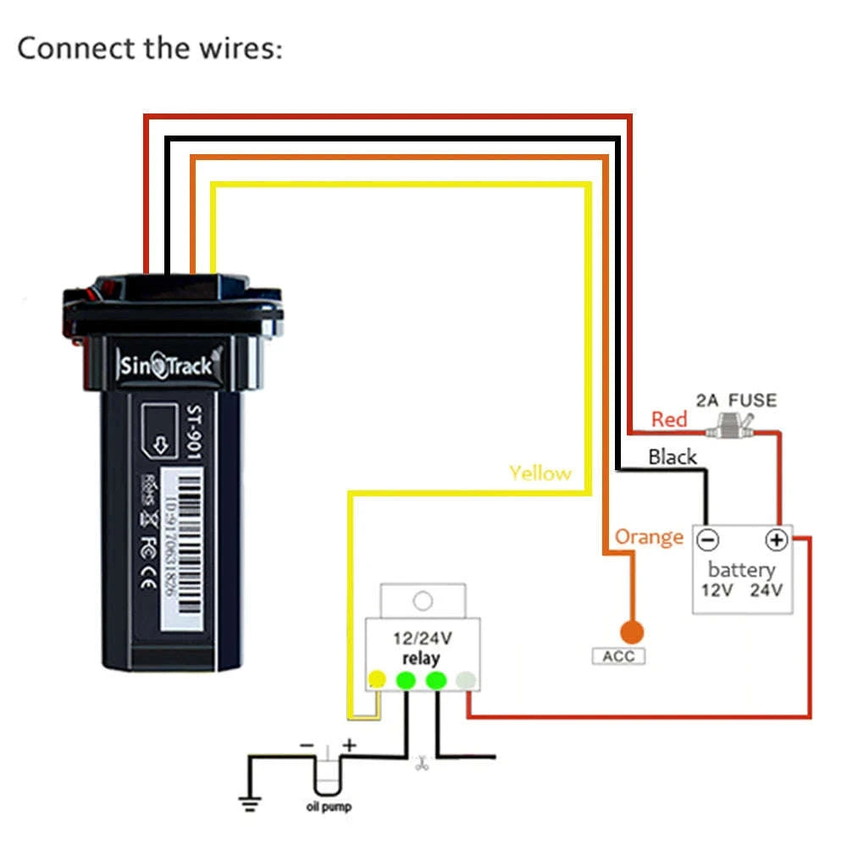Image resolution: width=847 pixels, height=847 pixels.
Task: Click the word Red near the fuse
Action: coord(668,418)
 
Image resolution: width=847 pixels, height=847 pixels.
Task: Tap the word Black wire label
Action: coord(672,457)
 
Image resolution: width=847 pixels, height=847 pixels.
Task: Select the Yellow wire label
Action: coord(540,473)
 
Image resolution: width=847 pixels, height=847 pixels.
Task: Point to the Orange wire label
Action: coord(649,537)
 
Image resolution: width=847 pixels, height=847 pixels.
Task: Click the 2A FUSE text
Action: coord(735,400)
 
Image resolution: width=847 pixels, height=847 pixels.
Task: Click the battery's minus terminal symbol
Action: coord(708,540)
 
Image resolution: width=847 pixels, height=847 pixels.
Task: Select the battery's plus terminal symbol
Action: coord(777,540)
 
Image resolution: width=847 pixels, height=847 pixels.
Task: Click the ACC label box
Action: coord(617,656)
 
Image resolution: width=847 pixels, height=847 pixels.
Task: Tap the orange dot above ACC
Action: coord(630,632)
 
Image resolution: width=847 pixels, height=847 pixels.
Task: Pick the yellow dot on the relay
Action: coord(377,679)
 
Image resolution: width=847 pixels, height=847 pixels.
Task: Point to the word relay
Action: coord(421,658)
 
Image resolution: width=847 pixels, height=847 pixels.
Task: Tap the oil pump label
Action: coord(329,806)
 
